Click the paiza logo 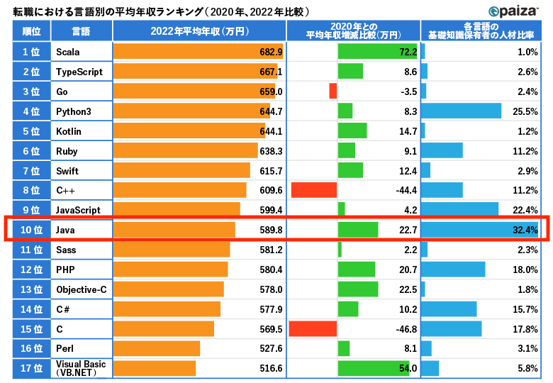[x=515, y=11]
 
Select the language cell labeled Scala [x=67, y=52]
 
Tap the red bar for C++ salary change [x=313, y=190]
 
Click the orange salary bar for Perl [x=157, y=348]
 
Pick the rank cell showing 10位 [x=32, y=230]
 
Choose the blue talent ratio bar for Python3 [x=461, y=111]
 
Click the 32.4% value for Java [x=525, y=230]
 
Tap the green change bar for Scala [x=378, y=52]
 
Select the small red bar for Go [x=333, y=91]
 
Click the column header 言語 [x=82, y=31]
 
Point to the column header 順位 [x=32, y=31]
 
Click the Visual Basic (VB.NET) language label [x=80, y=368]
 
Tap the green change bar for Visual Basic [x=374, y=368]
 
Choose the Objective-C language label [x=82, y=289]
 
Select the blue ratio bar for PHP [x=453, y=270]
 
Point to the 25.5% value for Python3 [x=527, y=111]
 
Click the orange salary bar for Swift [x=181, y=170]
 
